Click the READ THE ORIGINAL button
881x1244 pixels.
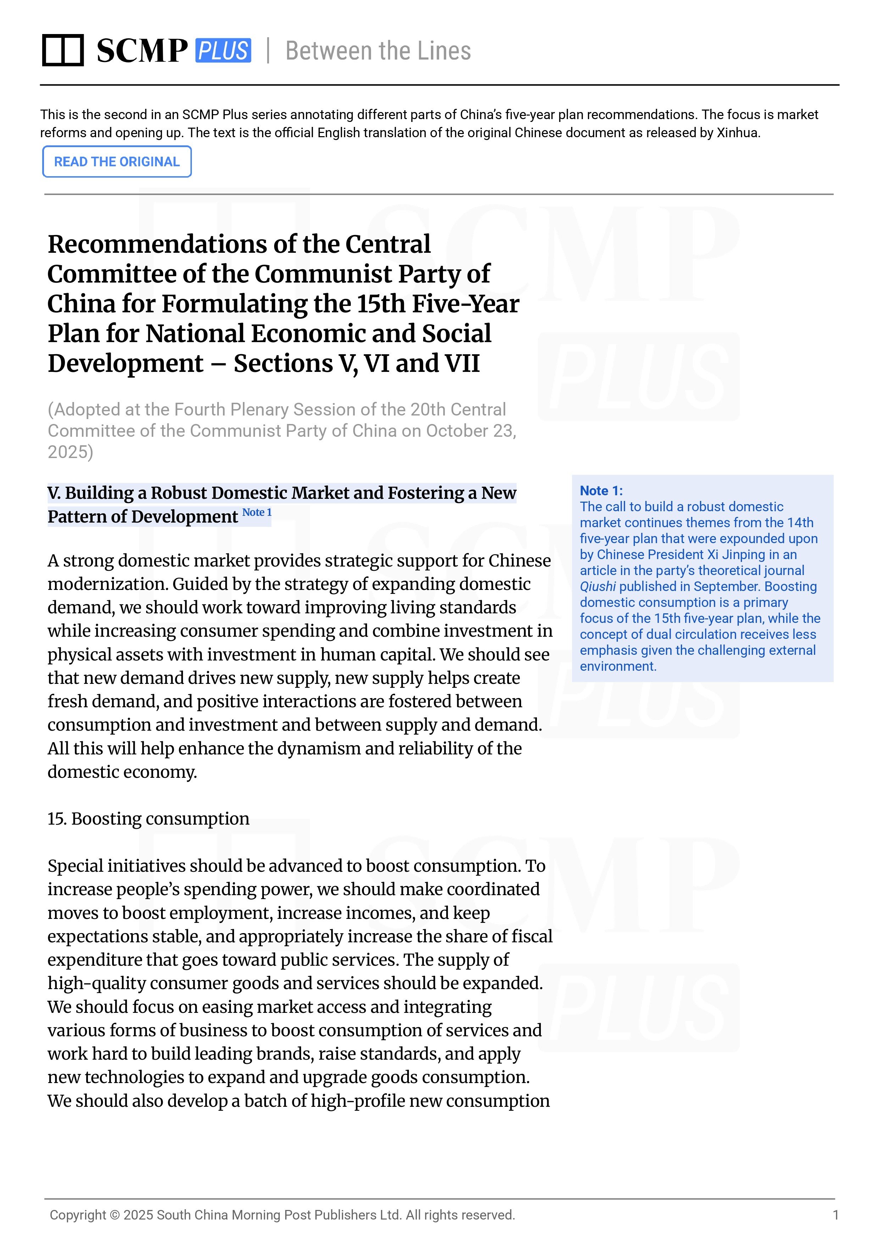[x=117, y=162]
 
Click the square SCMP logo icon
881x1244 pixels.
[x=63, y=50]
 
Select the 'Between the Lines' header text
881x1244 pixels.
[x=378, y=51]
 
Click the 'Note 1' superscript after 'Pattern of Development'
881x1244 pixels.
[x=256, y=513]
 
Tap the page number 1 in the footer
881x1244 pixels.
[x=836, y=1215]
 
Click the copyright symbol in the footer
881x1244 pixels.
[x=115, y=1215]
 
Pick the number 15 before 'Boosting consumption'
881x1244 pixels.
[x=56, y=819]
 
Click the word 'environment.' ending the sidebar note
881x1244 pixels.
[x=618, y=666]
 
